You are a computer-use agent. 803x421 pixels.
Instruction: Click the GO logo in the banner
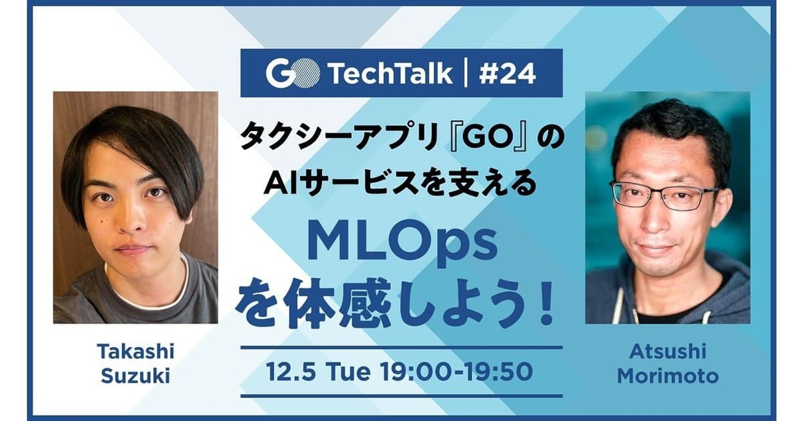(293, 74)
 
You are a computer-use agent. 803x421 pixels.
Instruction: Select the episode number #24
(507, 74)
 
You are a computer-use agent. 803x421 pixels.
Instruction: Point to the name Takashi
(136, 351)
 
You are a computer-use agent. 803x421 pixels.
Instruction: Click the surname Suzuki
(136, 376)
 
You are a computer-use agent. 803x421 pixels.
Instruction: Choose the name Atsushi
(667, 351)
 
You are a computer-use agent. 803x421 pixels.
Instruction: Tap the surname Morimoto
(667, 376)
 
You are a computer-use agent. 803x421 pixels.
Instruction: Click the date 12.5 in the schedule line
(291, 372)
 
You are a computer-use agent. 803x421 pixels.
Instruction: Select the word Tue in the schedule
(349, 372)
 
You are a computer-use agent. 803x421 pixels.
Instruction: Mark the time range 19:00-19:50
(456, 372)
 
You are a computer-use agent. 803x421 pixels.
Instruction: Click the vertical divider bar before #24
(465, 74)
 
